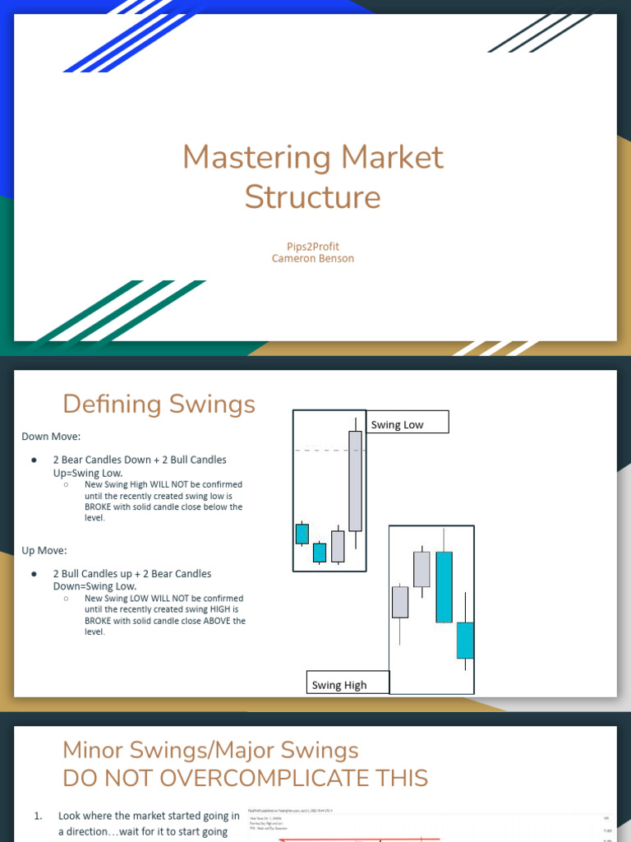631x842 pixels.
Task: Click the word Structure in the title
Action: pyautogui.click(x=312, y=197)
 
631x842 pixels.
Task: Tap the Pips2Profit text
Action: pyautogui.click(x=312, y=246)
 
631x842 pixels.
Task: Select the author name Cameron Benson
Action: pyautogui.click(x=312, y=258)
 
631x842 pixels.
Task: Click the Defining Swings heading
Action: pyautogui.click(x=159, y=404)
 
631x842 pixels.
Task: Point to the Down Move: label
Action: pyautogui.click(x=51, y=437)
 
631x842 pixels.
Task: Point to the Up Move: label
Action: pyautogui.click(x=44, y=550)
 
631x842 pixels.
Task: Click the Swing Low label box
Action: pyautogui.click(x=408, y=422)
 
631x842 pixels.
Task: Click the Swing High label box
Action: pyautogui.click(x=348, y=683)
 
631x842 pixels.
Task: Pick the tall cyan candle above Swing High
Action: pyautogui.click(x=444, y=586)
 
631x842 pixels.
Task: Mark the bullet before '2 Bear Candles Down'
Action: pyautogui.click(x=34, y=460)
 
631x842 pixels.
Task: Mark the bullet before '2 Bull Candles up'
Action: pyautogui.click(x=34, y=574)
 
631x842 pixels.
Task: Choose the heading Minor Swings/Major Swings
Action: pyautogui.click(x=210, y=750)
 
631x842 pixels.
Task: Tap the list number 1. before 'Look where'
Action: pyautogui.click(x=38, y=817)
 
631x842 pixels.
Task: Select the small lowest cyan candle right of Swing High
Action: pyautogui.click(x=465, y=640)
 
